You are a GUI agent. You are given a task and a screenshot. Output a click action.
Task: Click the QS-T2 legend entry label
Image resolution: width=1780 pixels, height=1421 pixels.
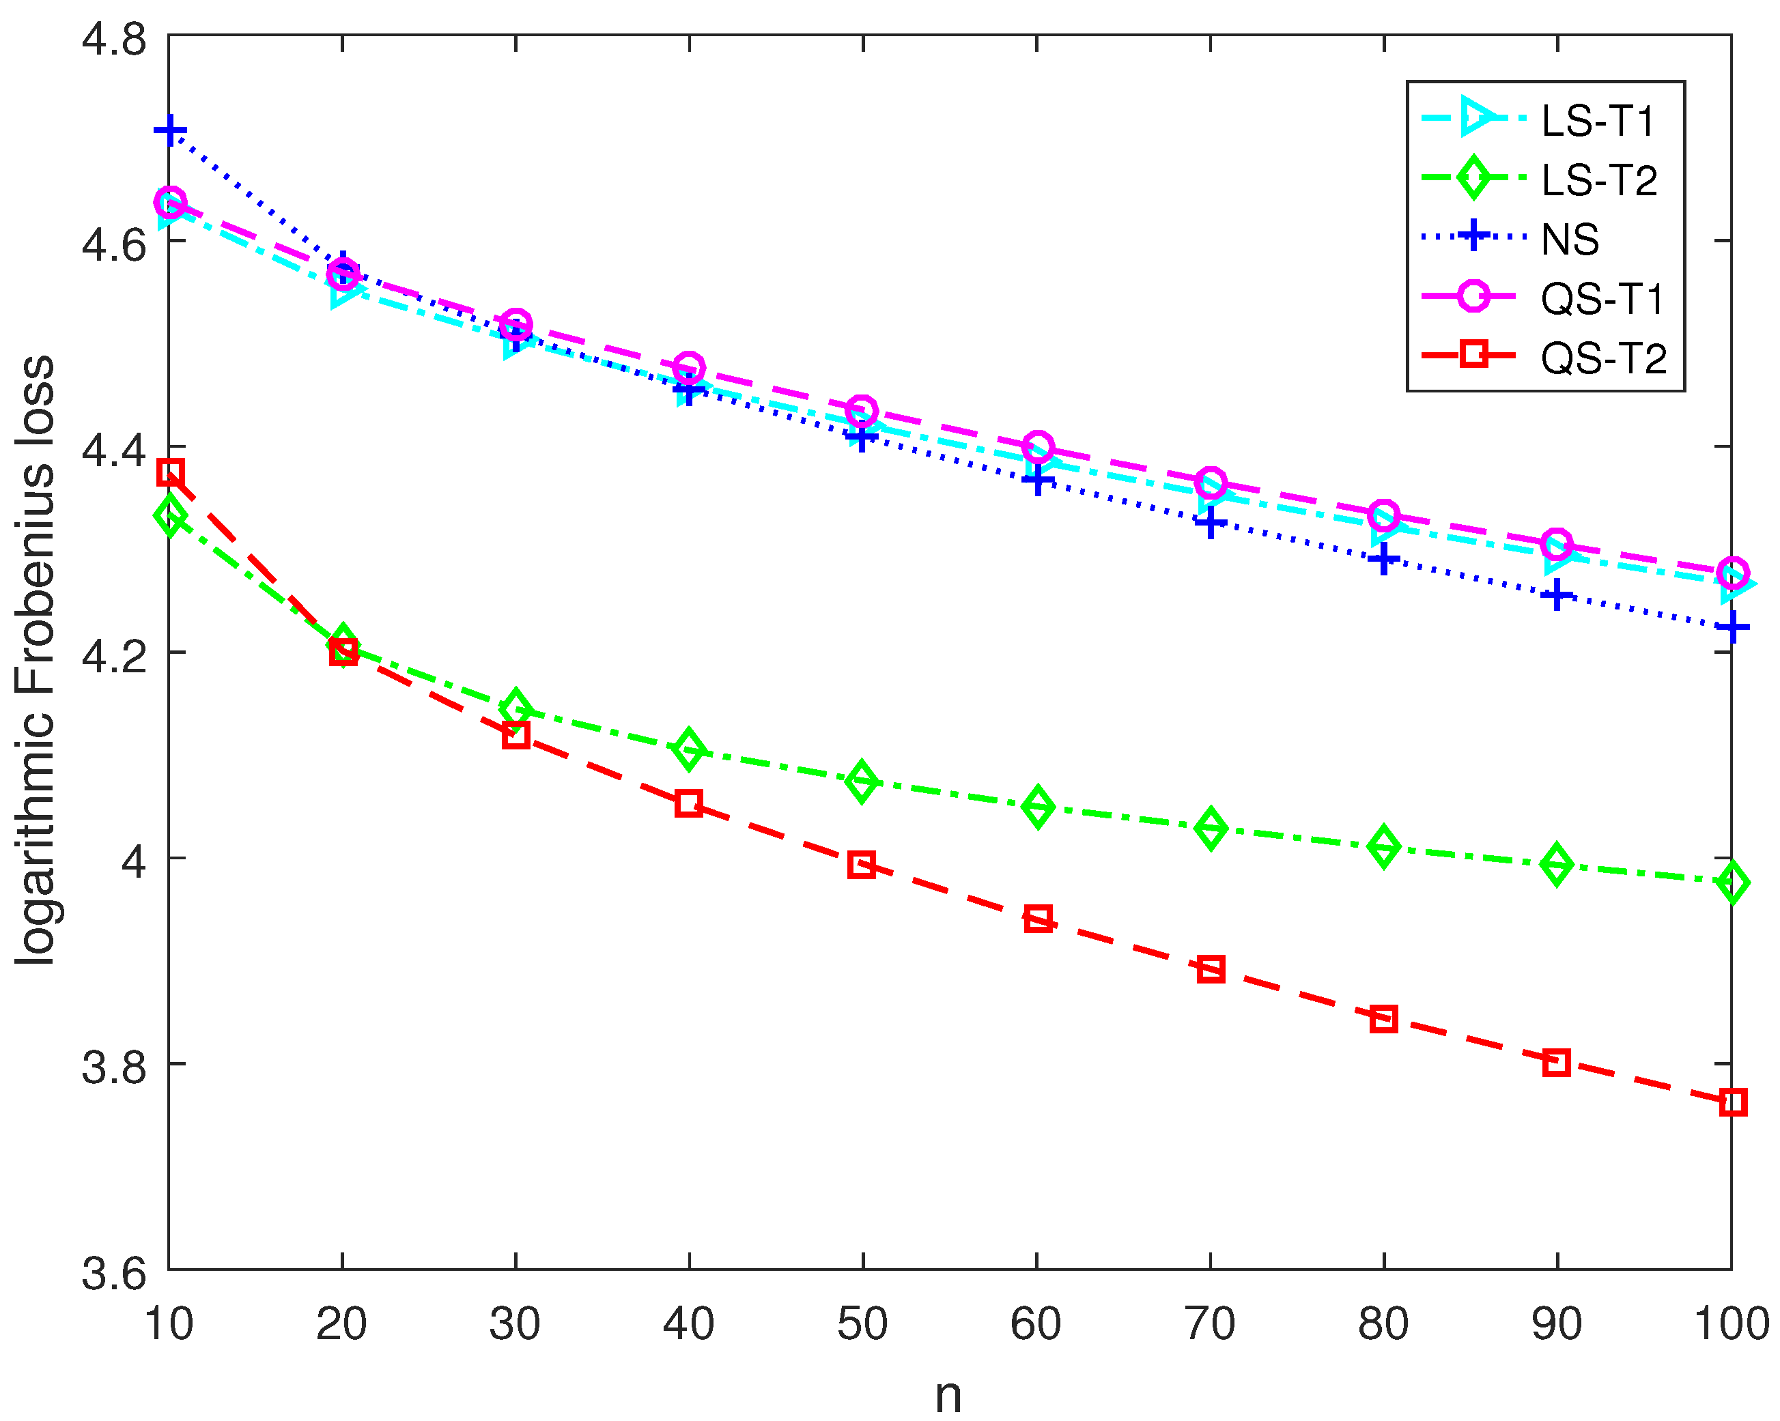coord(1603,358)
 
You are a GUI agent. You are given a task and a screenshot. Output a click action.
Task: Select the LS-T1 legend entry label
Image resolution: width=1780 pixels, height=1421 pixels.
coord(1598,121)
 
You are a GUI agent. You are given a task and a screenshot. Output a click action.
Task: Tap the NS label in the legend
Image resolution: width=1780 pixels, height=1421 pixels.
coord(1570,240)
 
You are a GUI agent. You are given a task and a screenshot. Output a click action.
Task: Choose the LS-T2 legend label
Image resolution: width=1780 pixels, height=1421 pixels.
coord(1599,181)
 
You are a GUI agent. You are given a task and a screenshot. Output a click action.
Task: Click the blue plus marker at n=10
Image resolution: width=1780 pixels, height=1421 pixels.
coord(170,130)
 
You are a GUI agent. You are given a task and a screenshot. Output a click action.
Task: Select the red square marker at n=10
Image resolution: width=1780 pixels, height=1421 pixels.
coord(170,474)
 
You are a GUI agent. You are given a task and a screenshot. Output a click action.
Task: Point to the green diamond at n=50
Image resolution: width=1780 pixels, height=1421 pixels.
coord(862,781)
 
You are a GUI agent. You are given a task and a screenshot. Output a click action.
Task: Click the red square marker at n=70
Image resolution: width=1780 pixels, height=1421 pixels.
coord(1211,968)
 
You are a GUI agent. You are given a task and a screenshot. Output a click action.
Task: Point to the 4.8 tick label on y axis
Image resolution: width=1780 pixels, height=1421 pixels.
coord(114,38)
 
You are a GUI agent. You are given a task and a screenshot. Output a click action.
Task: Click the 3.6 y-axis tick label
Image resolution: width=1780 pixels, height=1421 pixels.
coord(114,1272)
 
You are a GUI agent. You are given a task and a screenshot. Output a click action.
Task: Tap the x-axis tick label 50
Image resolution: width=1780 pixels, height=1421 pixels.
coord(862,1323)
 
